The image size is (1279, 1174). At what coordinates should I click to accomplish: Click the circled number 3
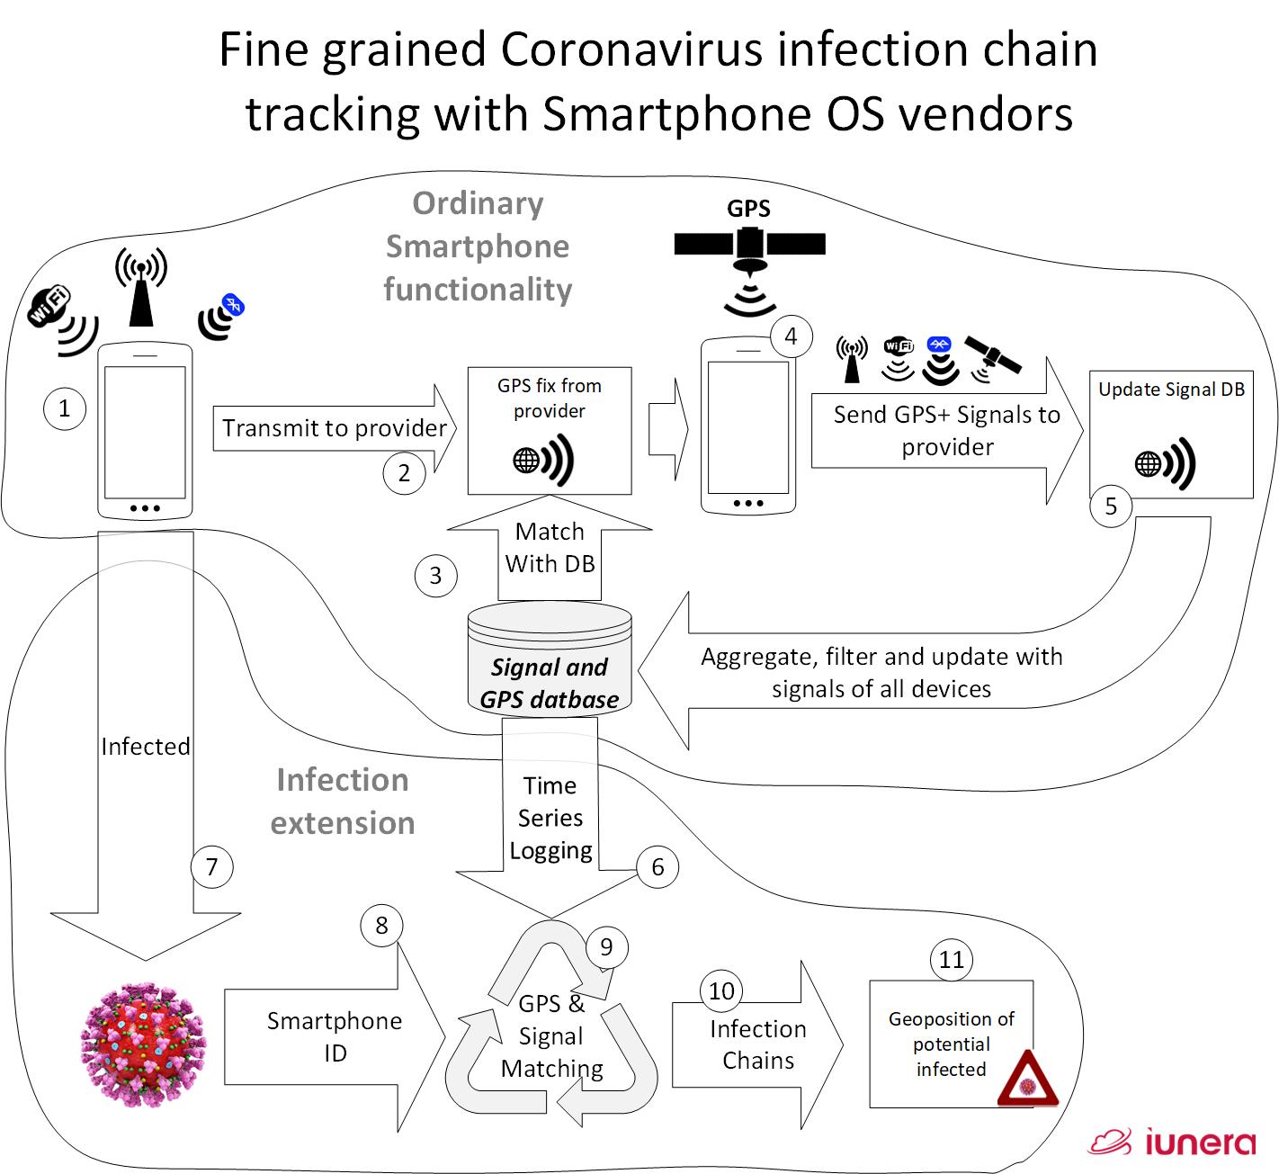click(x=435, y=576)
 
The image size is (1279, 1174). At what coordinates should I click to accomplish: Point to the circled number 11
click(x=951, y=960)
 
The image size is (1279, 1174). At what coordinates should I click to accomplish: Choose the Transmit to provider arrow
click(x=335, y=428)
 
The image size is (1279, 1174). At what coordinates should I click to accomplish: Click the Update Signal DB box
click(x=1171, y=435)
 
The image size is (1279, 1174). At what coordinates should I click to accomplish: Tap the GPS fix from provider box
click(x=550, y=430)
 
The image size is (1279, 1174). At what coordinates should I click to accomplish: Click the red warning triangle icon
click(x=1027, y=1080)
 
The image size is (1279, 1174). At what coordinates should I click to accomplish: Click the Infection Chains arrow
click(x=757, y=1045)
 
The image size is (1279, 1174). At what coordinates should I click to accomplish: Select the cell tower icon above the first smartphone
click(x=141, y=286)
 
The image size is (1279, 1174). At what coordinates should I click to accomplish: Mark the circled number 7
click(x=212, y=867)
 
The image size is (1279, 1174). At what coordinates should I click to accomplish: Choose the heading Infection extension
click(x=343, y=802)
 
